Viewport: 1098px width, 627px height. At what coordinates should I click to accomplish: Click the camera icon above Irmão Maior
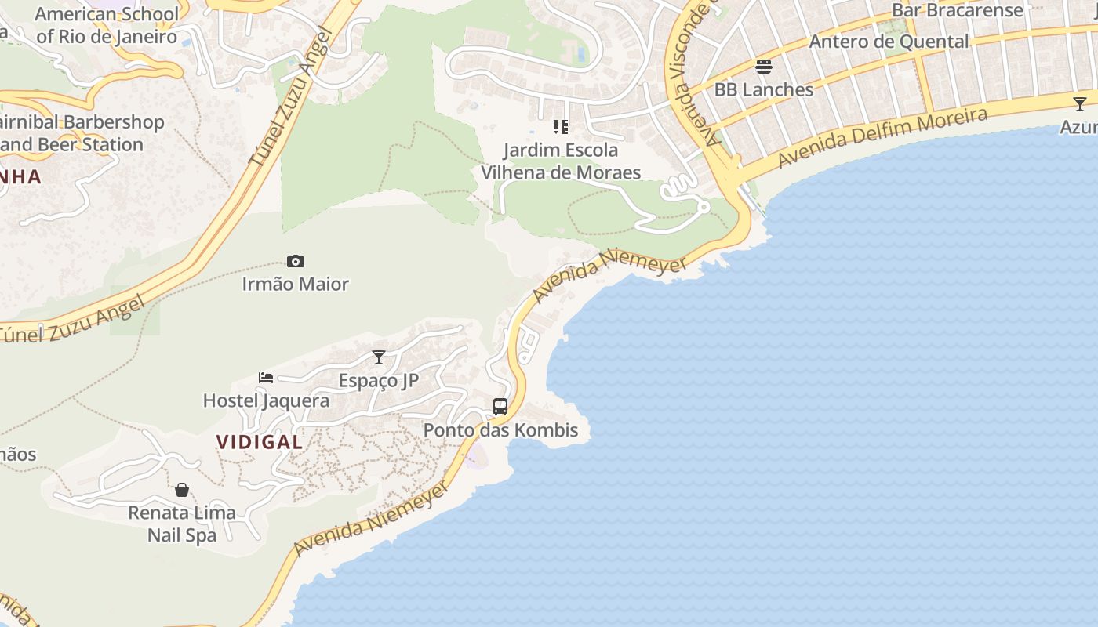click(296, 261)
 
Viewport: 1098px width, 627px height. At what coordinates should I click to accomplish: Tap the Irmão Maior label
click(296, 284)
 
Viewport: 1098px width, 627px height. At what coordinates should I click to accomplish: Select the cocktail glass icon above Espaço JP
click(379, 357)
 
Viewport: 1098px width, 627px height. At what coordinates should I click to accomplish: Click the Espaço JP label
click(379, 380)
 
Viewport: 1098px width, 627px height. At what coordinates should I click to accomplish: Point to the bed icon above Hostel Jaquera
click(266, 378)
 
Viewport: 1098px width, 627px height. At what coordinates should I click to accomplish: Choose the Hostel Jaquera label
click(266, 400)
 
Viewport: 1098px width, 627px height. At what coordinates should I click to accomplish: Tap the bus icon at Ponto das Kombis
click(500, 407)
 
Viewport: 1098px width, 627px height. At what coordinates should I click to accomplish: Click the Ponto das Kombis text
click(500, 429)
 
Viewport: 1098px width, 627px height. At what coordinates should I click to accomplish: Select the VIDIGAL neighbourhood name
click(260, 441)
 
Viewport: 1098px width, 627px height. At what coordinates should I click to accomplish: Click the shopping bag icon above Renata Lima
click(182, 490)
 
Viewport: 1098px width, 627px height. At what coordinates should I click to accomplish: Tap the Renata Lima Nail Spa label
click(182, 524)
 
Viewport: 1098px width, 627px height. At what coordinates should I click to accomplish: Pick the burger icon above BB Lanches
click(764, 67)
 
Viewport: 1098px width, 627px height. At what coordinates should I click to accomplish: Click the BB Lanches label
click(764, 89)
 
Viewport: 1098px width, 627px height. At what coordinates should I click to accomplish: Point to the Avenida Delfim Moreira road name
click(882, 137)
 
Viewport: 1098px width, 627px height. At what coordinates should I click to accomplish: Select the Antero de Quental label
click(889, 42)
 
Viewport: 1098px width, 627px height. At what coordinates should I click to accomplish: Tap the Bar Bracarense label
click(958, 10)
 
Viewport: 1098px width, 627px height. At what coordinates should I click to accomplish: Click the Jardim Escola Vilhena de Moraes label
click(561, 161)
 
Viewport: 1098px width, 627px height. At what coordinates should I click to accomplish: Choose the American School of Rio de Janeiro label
click(107, 25)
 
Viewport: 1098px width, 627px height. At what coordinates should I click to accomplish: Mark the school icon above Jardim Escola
click(561, 126)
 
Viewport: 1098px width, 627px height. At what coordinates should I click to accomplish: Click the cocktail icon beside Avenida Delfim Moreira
click(1080, 103)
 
